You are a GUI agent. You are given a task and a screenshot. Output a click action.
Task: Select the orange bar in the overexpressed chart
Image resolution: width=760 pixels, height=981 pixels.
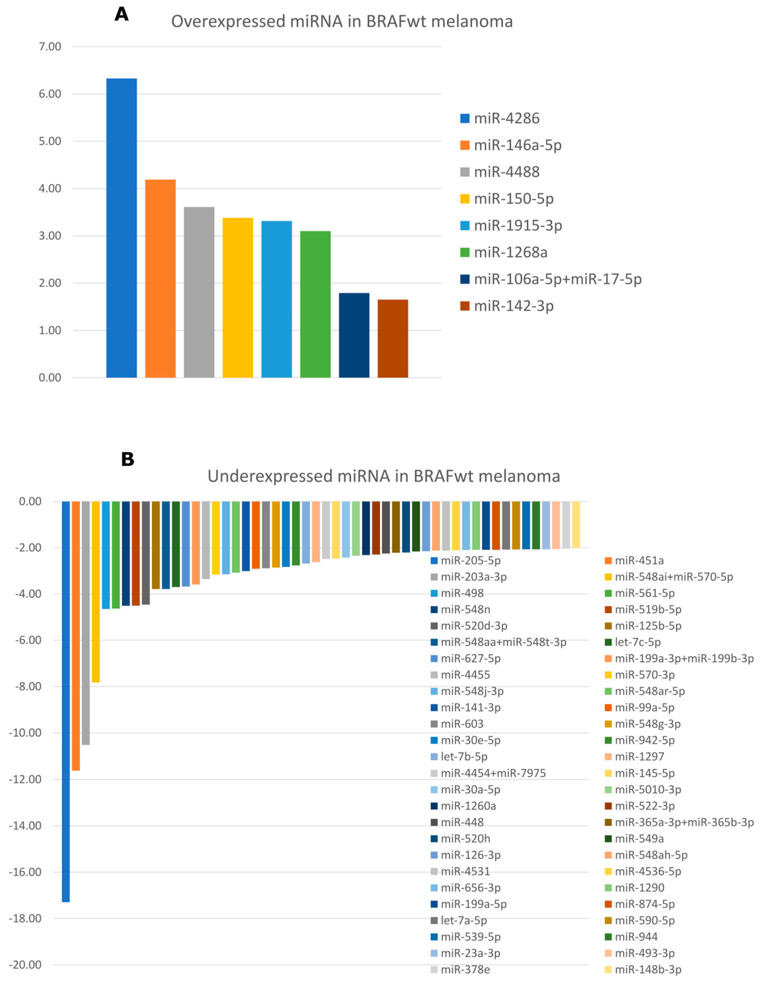click(160, 279)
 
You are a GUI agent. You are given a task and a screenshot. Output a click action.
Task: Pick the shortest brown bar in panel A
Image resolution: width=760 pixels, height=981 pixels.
click(393, 338)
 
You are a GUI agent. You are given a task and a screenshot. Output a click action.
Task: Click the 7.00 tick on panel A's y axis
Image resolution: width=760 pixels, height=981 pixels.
click(50, 47)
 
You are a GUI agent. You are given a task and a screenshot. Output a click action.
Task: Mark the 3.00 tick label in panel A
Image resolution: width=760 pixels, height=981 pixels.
click(50, 236)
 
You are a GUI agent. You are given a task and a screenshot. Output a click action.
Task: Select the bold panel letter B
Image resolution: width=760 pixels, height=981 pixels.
click(128, 459)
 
